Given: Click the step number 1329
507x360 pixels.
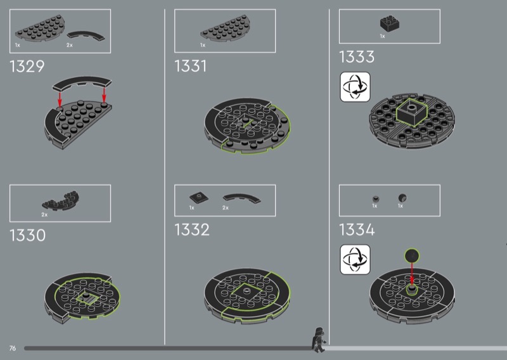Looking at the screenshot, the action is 27,67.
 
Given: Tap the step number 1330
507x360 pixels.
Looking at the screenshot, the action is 27,235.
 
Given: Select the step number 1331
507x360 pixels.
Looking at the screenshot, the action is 191,66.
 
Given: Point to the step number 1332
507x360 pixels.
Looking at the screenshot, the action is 192,229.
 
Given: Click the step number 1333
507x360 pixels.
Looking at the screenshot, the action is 357,56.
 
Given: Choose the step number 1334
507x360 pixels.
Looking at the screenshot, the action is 357,229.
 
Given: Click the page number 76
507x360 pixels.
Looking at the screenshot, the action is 13,348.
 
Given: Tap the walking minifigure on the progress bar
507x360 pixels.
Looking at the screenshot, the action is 319,340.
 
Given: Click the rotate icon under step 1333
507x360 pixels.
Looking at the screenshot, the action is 355,87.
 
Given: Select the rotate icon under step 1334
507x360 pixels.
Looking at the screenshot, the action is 355,259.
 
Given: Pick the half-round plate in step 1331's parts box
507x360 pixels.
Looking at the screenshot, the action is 226,29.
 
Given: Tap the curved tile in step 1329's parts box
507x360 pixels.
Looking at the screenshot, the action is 86,35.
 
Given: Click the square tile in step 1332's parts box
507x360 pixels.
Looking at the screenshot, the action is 199,197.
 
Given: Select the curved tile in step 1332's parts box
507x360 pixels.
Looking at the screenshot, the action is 242,198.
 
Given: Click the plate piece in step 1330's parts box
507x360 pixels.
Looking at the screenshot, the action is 61,200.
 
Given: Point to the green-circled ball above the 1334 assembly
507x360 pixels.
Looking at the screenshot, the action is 411,255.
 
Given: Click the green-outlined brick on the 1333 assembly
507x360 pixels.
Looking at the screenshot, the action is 411,112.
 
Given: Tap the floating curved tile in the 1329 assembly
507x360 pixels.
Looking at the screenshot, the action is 82,83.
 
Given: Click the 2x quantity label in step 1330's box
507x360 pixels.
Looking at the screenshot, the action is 44,214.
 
